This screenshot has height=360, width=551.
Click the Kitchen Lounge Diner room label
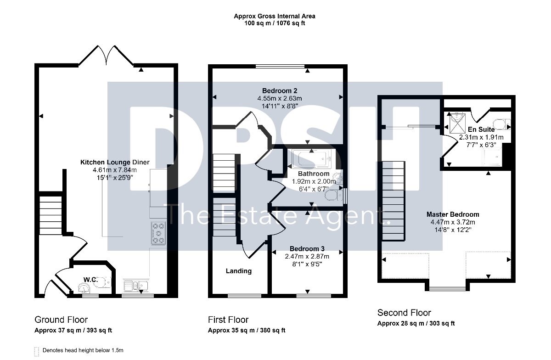point(115,162)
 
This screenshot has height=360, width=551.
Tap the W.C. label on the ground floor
point(90,280)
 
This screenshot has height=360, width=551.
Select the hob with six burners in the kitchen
point(158,233)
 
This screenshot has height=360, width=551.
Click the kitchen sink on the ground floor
point(135,286)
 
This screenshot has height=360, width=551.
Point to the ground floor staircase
point(51,215)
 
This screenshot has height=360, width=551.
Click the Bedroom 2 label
point(280,91)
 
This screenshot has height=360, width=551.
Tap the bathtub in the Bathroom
point(312,159)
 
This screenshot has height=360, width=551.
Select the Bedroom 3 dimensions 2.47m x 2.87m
point(307,256)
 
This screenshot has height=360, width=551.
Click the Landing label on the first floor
point(239,271)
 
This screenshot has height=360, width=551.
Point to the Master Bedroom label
point(453,214)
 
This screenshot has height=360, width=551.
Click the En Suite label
point(481,129)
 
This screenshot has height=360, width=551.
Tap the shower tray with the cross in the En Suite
point(457,123)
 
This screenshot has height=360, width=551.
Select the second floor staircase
point(393,201)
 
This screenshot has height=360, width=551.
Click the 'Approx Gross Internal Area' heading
point(275,16)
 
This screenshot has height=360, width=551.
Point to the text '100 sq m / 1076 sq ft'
point(275,23)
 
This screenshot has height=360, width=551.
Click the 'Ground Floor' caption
point(61,320)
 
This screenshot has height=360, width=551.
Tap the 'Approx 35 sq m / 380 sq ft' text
point(247,330)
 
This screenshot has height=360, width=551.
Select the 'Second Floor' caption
point(404,313)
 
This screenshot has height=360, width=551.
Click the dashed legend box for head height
point(37,352)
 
